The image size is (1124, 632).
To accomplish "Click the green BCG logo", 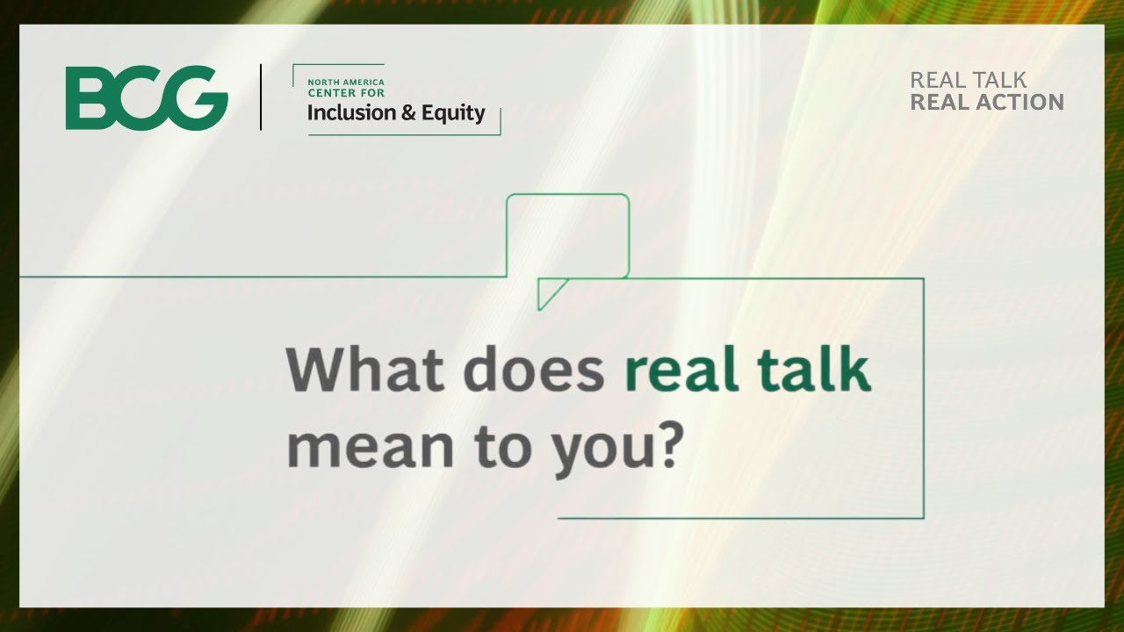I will pos(147,97).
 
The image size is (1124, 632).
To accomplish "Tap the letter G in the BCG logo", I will pos(199,97).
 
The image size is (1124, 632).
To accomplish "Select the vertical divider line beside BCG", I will pos(261,97).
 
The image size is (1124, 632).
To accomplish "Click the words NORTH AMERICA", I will pos(345,82).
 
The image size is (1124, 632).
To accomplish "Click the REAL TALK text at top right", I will pos(968,80).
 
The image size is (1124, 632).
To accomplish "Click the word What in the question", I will pos(365,370).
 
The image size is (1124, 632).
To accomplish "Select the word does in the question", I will pos(534,370).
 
